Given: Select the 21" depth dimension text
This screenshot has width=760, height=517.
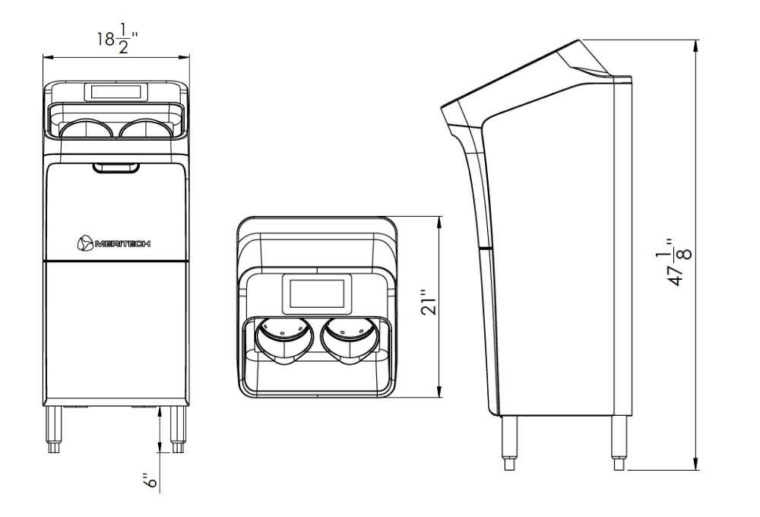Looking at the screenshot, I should [429, 302].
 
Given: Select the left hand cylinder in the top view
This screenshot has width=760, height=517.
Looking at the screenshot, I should [283, 340].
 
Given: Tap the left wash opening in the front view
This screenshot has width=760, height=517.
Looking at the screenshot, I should [87, 130].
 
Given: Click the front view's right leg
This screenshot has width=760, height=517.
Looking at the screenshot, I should [178, 429].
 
